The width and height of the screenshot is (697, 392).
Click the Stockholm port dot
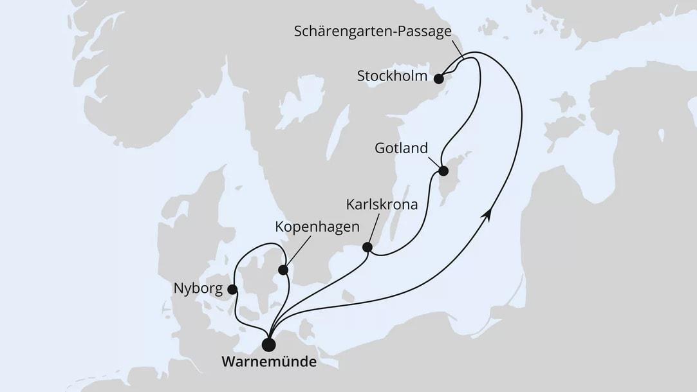click(438, 79)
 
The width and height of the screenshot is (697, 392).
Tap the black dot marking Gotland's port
click(443, 171)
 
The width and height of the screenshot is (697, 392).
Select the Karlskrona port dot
click(367, 247)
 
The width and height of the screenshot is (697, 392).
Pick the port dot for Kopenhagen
click(283, 270)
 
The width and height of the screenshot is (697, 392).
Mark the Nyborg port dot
click(232, 290)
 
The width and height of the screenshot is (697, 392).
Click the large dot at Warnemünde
click(269, 344)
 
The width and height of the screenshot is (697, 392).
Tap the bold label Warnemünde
click(269, 363)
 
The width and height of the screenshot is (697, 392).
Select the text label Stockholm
click(393, 77)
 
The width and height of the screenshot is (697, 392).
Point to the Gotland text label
click(402, 149)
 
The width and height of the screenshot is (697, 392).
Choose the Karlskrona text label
click(382, 205)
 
